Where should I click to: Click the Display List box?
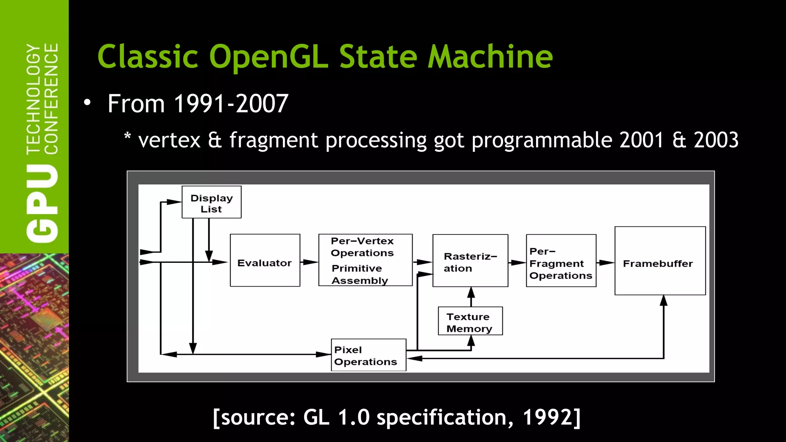click(x=211, y=202)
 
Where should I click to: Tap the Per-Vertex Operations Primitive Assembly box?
click(x=365, y=260)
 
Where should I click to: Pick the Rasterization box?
click(x=470, y=261)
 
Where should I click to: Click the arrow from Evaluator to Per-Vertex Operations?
click(x=309, y=262)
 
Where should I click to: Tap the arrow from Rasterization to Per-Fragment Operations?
click(x=517, y=263)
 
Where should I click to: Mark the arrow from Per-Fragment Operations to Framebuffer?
click(x=605, y=263)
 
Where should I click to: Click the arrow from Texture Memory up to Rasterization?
click(x=471, y=297)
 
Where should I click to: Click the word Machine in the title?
click(x=490, y=57)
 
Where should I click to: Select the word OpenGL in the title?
click(x=268, y=57)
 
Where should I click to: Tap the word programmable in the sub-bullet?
click(x=542, y=140)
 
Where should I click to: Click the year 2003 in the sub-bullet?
click(x=716, y=140)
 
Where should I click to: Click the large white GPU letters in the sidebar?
click(x=42, y=203)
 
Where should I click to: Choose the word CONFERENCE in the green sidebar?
click(x=51, y=99)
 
